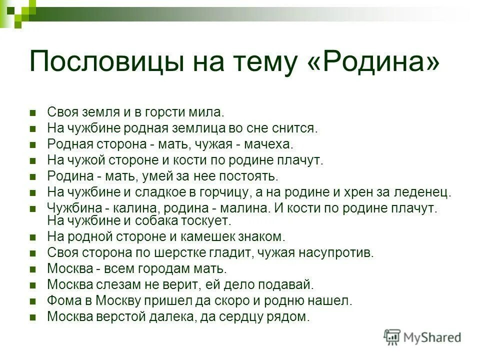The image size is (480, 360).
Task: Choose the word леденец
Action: [x=426, y=192]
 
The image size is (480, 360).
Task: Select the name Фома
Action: [x=62, y=300]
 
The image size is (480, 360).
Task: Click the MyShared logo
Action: [x=422, y=337]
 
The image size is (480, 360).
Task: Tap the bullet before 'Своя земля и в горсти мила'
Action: [x=33, y=112]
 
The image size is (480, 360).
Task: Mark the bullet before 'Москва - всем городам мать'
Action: [x=33, y=269]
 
